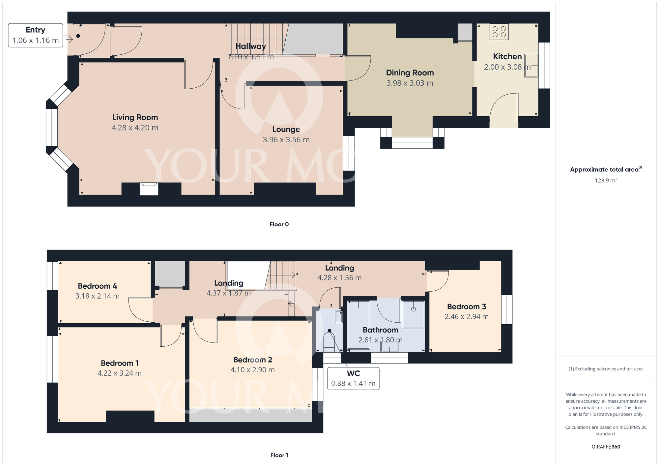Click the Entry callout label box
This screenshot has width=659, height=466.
click(x=36, y=35)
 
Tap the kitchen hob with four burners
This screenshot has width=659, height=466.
click(x=499, y=32)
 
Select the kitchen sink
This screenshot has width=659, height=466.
click(x=531, y=66)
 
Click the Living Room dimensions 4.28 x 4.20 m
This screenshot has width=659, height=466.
click(x=135, y=128)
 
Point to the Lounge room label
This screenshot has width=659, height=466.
click(x=286, y=129)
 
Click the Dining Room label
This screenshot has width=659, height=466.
click(x=410, y=73)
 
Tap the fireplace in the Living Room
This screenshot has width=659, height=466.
click(x=149, y=189)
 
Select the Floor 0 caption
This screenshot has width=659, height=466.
click(x=279, y=224)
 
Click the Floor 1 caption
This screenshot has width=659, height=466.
click(x=279, y=455)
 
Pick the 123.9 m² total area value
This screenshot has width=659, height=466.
click(x=606, y=180)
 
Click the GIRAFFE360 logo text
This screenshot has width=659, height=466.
click(x=606, y=447)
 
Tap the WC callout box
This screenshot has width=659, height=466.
click(x=353, y=379)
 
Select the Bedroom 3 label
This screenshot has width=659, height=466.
click(x=467, y=306)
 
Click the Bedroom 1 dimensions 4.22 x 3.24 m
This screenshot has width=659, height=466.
click(x=120, y=373)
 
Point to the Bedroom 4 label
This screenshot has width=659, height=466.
click(x=98, y=286)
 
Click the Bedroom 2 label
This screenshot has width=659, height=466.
click(x=253, y=360)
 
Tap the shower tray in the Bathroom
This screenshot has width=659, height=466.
click(x=413, y=314)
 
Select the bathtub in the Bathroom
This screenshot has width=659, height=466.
click(x=359, y=325)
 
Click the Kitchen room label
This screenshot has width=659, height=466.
click(x=507, y=57)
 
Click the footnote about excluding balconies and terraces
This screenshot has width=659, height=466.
click(x=606, y=369)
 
